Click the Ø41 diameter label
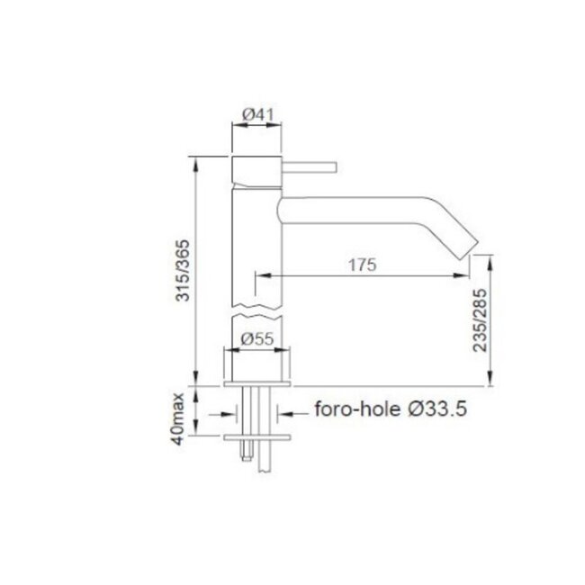click(258, 114)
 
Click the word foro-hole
click(349, 410)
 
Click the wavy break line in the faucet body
click(258, 315)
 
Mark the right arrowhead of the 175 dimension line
click(464, 277)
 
